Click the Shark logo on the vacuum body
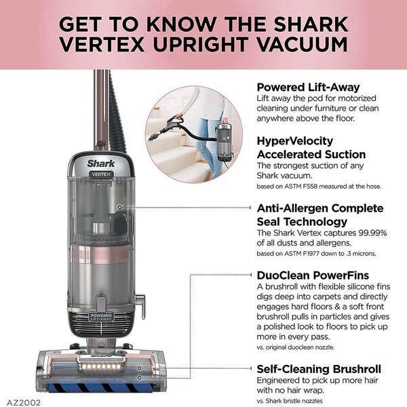pos(100,163)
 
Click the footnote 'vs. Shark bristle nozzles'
pos(298,400)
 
